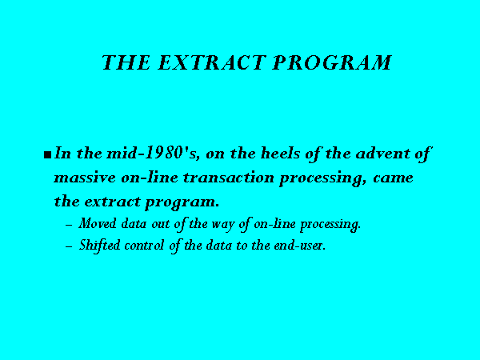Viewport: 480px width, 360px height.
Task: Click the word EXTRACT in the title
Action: coord(211,62)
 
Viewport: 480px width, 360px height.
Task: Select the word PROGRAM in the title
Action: coord(332,62)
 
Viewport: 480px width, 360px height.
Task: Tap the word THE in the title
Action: coord(126,62)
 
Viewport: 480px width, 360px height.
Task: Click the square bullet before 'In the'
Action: coord(47,155)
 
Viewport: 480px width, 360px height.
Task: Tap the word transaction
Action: coord(229,178)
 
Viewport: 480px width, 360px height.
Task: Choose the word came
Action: coord(393,178)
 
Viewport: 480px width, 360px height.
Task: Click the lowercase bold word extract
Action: coord(112,202)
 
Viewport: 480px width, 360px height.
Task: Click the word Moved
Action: coord(98,223)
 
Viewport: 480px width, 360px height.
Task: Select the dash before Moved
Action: coord(69,225)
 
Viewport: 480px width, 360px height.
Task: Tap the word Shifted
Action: coord(99,246)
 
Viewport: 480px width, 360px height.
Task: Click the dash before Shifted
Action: coord(69,246)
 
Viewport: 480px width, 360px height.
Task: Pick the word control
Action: coord(144,246)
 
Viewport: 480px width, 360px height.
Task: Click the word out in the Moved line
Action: coord(161,224)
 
